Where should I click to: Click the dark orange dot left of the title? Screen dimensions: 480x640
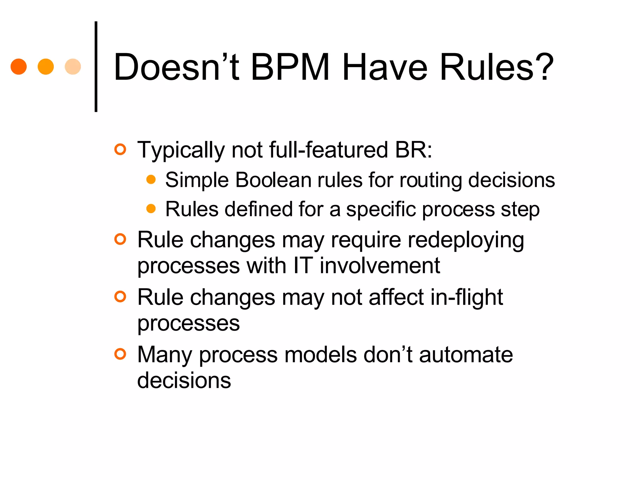tap(18, 67)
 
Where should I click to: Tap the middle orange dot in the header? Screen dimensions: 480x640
tap(46, 67)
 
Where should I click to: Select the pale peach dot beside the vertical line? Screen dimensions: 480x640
tap(73, 67)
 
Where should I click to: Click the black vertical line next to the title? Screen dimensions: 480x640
tap(96, 67)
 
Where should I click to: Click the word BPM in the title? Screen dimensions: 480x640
tap(290, 67)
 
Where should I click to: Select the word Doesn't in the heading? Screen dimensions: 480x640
tap(177, 67)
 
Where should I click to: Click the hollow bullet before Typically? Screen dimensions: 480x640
tap(120, 149)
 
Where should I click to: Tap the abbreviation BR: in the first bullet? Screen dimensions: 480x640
tap(413, 150)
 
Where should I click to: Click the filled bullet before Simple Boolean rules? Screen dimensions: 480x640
tap(151, 179)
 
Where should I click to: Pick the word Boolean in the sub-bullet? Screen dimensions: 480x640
tap(273, 180)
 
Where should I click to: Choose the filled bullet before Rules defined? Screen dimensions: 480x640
tap(151, 208)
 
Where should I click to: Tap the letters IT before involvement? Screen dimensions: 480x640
tap(303, 266)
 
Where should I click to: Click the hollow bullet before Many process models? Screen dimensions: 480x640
tap(120, 354)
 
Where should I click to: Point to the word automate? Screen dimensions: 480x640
tap(466, 355)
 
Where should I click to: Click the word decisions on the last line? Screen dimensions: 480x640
tap(184, 380)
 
